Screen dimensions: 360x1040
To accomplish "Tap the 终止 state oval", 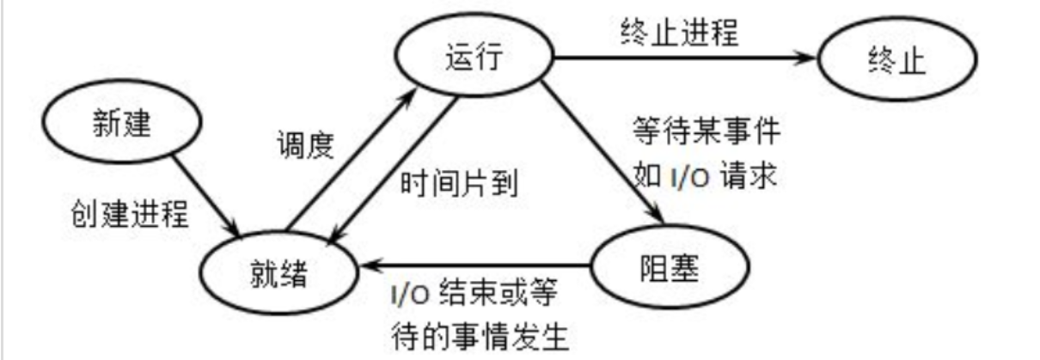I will click(896, 62).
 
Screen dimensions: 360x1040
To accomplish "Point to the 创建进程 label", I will click(128, 211).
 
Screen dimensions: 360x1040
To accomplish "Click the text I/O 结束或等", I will click(472, 296).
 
